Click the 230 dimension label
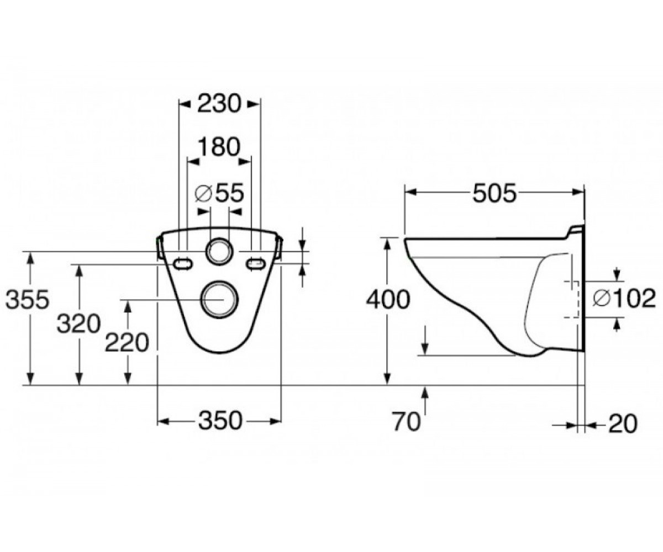[x=219, y=104]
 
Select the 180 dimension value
[x=219, y=147]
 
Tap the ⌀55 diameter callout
[x=220, y=193]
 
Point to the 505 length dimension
[x=494, y=193]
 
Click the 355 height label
[x=28, y=300]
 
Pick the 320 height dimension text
[x=79, y=324]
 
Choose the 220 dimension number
[x=127, y=343]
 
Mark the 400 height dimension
[x=388, y=300]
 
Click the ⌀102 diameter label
[x=624, y=299]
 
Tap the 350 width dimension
[x=220, y=421]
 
